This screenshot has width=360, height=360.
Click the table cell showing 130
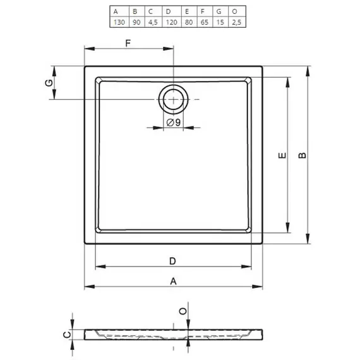click(x=119, y=22)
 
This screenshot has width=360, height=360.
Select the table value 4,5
click(x=153, y=22)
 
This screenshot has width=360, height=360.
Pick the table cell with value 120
click(x=172, y=22)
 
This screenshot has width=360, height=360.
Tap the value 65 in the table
click(x=205, y=22)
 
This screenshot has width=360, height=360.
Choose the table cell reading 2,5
click(x=236, y=22)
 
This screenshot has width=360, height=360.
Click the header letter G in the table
click(x=219, y=11)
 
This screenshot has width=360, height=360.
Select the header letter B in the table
click(x=135, y=11)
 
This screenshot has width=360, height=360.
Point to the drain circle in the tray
click(x=173, y=86)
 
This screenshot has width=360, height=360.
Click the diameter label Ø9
click(x=174, y=123)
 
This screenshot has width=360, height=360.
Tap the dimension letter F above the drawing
click(x=128, y=43)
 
